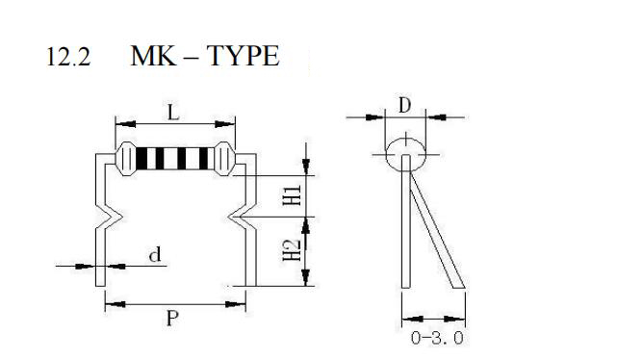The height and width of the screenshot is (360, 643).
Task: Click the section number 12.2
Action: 68,57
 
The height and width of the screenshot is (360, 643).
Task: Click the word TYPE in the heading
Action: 243,56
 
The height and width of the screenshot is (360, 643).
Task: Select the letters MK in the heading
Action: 153,56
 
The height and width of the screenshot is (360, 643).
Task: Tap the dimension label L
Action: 174,112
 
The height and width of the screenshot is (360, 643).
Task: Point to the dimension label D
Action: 404,105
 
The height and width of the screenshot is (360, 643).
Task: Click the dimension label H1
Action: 293,195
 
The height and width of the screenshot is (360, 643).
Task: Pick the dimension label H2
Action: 293,250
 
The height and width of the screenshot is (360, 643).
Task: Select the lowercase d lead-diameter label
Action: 155,255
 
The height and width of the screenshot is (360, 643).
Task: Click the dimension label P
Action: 172,318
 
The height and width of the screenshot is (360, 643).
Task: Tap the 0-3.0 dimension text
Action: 437,338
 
